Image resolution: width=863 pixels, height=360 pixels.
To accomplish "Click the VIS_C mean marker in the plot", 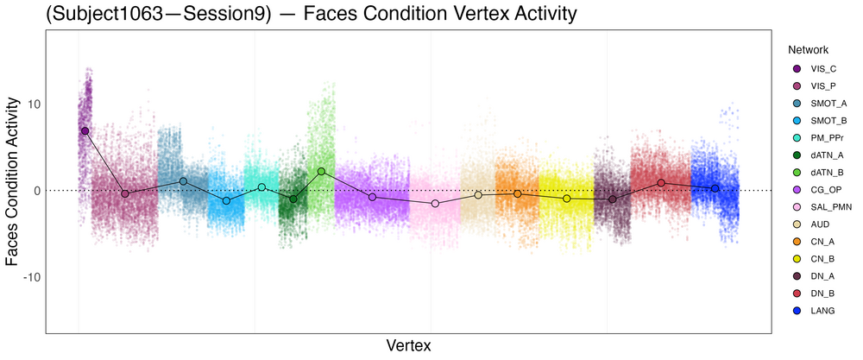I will tap(85, 130).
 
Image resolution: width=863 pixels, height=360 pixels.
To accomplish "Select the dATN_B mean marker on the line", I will tap(321, 171).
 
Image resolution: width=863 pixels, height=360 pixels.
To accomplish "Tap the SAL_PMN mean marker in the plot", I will tap(435, 203).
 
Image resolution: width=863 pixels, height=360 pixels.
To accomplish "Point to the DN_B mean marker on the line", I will tap(661, 182).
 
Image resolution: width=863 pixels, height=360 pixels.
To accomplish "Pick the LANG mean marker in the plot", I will tap(715, 188).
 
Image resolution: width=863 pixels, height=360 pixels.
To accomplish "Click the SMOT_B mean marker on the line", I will tap(226, 200).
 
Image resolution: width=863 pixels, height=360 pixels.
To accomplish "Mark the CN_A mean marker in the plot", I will tap(518, 193).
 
